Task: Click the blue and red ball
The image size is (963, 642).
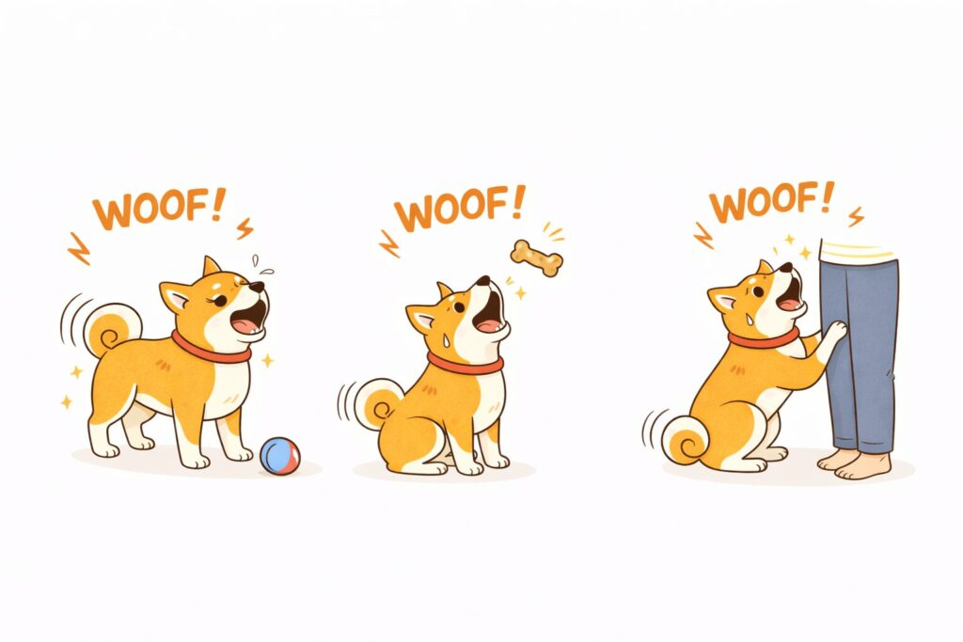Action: coord(280,456)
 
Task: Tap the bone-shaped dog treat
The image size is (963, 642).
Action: coord(537,258)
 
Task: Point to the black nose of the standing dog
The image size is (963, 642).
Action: coord(257,287)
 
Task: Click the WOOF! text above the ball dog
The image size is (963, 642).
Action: coord(159,209)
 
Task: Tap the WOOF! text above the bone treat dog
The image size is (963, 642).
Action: coord(459,208)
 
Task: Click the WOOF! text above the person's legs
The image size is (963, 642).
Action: coord(772,202)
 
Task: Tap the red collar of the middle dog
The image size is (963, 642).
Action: coord(465,365)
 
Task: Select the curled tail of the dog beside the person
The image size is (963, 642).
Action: coord(686,440)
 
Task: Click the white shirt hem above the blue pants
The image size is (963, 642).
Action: coord(858,252)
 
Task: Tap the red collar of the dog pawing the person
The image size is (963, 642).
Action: coord(764,339)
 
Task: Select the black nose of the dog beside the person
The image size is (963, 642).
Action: coord(786,268)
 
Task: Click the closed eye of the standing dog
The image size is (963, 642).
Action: coord(218,300)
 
